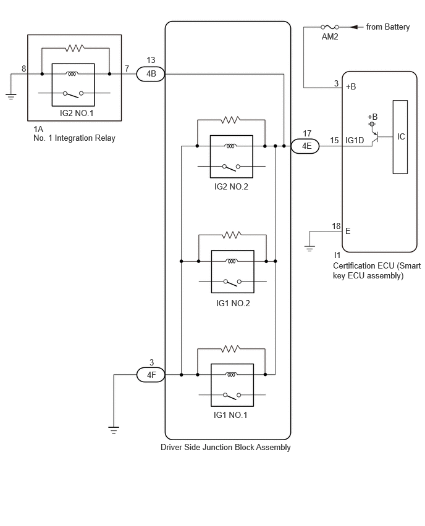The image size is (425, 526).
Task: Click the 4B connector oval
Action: (x=151, y=74)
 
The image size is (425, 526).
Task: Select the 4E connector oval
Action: (x=305, y=146)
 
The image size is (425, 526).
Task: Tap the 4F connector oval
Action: (x=151, y=375)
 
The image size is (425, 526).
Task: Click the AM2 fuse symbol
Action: (x=330, y=27)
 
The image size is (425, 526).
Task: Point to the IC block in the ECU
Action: (x=400, y=137)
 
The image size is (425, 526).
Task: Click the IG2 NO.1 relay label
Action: (x=77, y=114)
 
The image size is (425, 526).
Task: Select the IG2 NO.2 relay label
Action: (x=231, y=187)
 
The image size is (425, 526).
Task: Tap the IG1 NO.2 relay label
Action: (x=233, y=304)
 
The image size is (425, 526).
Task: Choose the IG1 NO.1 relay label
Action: (x=230, y=415)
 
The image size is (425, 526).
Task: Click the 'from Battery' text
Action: (x=388, y=27)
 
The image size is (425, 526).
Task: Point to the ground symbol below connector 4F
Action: (x=114, y=430)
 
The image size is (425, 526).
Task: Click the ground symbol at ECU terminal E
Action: (x=309, y=249)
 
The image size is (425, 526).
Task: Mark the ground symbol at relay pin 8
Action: (x=11, y=97)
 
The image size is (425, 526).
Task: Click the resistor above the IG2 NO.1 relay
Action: (x=75, y=49)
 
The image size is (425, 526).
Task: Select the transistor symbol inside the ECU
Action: (x=376, y=137)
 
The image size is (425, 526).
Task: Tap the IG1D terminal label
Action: (x=355, y=141)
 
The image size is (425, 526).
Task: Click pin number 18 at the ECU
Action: (x=337, y=226)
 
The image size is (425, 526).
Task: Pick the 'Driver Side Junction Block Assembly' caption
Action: (x=225, y=448)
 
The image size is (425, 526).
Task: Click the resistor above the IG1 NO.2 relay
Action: (x=232, y=235)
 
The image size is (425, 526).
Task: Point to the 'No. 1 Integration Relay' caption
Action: (x=74, y=138)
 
